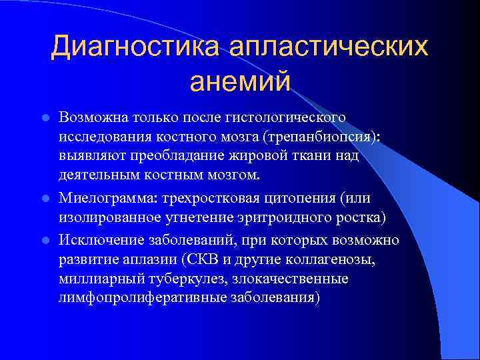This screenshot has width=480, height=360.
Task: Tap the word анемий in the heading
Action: tap(240, 83)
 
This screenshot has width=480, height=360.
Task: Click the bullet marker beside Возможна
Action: tap(45, 117)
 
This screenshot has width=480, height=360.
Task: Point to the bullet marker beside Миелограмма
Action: tap(45, 199)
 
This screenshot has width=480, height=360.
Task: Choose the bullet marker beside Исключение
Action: tap(45, 239)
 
